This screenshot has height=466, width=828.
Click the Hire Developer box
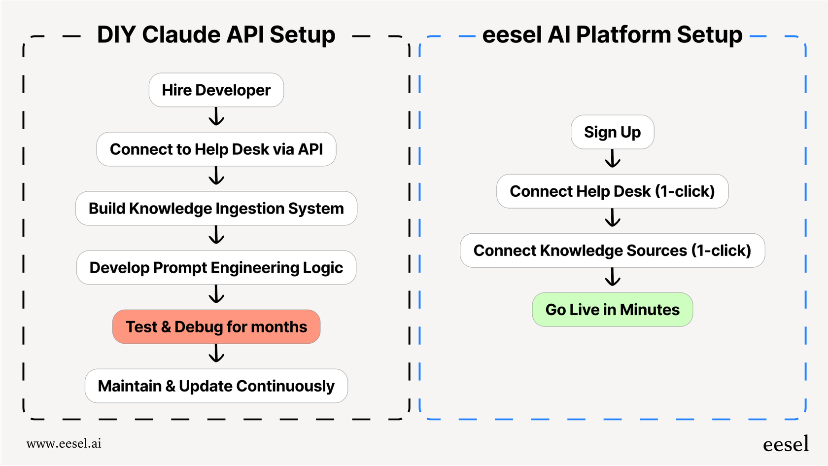[216, 90]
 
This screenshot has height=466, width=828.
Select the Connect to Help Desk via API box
[216, 149]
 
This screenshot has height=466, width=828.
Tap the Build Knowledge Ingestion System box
[216, 209]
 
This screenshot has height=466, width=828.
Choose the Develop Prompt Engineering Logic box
[216, 268]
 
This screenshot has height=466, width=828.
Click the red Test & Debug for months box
[216, 327]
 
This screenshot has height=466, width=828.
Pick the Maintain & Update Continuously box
[216, 386]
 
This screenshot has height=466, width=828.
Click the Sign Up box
[612, 132]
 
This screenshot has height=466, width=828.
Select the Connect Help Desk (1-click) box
[612, 191]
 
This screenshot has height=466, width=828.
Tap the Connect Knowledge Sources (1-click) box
[612, 251]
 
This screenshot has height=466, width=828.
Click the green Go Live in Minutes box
[612, 310]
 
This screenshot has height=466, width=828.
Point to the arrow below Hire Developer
[216, 117]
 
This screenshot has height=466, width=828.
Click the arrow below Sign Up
[613, 159]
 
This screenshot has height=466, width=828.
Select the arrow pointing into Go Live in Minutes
[613, 277]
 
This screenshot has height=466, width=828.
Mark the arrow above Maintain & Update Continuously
[216, 354]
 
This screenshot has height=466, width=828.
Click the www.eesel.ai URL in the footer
[64, 443]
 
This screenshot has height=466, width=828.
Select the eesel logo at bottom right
[786, 444]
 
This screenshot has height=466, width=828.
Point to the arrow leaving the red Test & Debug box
[216, 354]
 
